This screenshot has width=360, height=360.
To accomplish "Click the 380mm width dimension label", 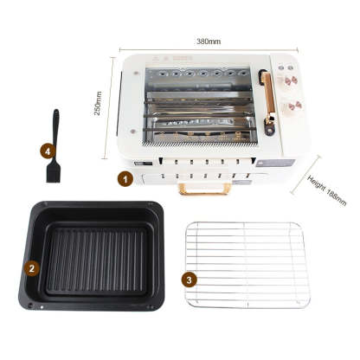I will [x=209, y=40].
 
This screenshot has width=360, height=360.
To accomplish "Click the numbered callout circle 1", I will [x=125, y=179].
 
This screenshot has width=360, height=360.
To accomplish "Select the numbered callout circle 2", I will [x=32, y=268].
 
